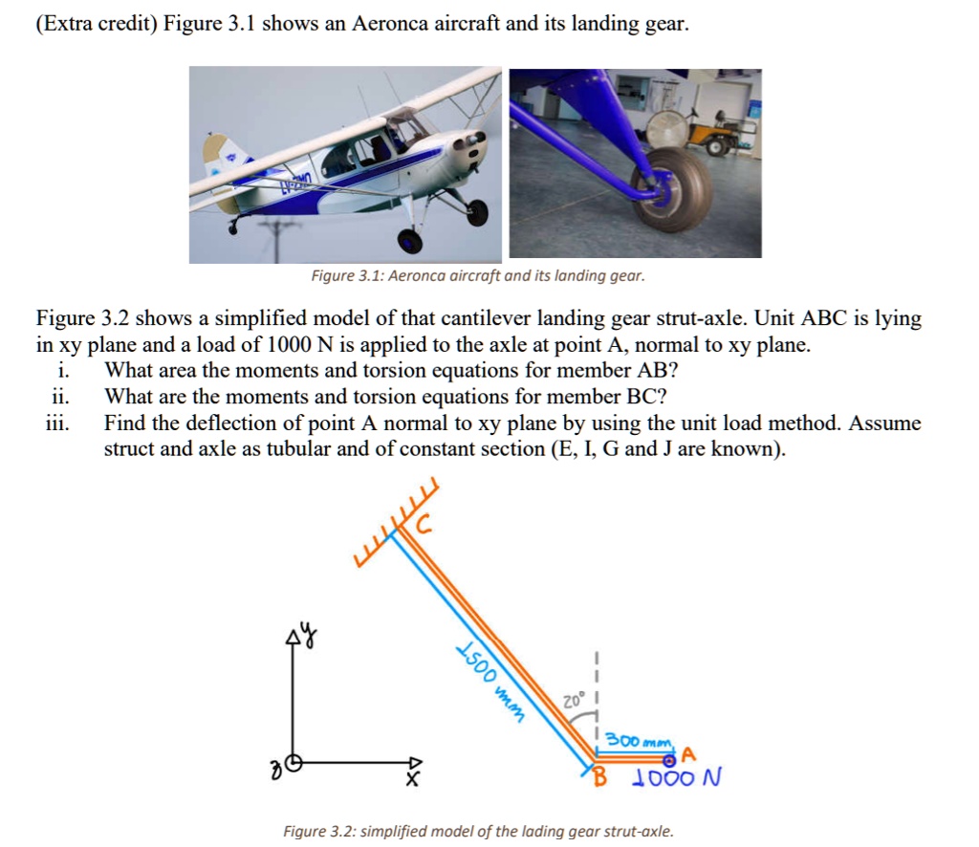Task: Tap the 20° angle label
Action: coord(571,700)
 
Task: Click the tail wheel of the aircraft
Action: coord(232,226)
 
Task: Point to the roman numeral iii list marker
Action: coord(55,423)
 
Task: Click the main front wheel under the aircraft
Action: coord(409,241)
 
